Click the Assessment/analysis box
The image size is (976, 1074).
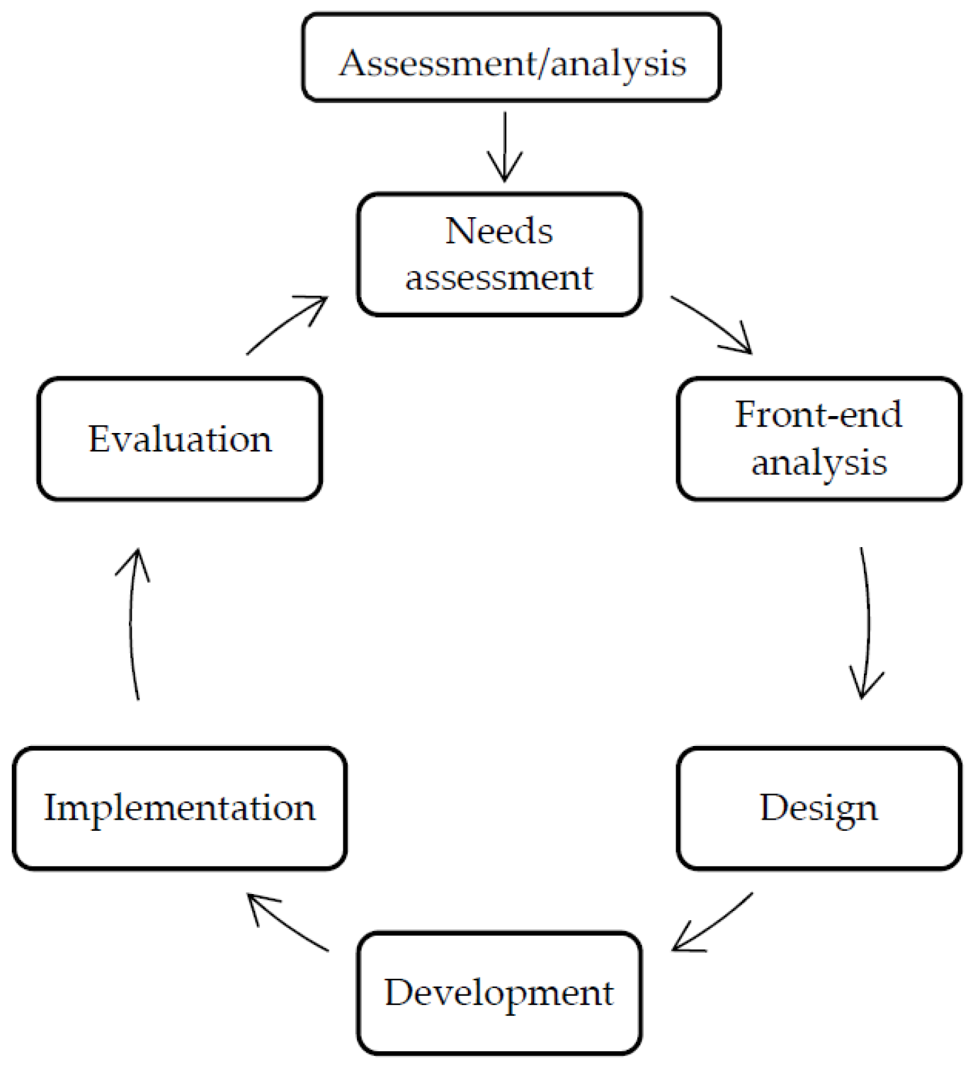[511, 57]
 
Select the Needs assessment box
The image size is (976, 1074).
[499, 254]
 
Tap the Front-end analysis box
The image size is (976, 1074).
[819, 439]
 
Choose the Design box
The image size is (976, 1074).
[819, 809]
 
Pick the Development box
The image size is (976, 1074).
[499, 993]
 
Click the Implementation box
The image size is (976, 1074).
[179, 809]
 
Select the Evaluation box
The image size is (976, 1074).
[179, 439]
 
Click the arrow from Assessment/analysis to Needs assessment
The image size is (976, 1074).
[504, 146]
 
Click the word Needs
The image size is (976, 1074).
[499, 231]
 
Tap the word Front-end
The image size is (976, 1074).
[819, 415]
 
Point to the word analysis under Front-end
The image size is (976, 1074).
[819, 464]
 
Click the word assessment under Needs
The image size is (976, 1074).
[499, 278]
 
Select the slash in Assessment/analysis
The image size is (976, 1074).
[543, 63]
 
